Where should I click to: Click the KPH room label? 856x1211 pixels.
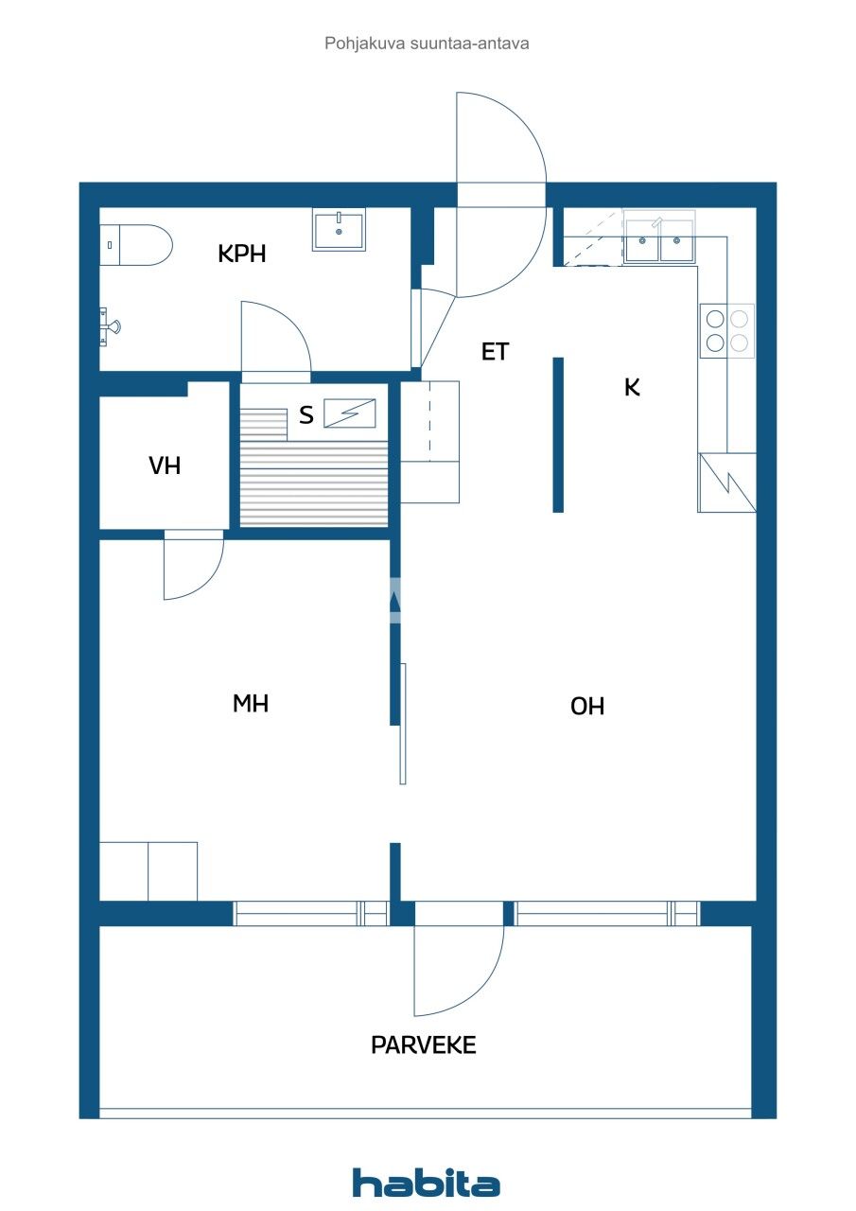pos(242,254)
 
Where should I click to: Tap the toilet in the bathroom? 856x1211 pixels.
pos(138,245)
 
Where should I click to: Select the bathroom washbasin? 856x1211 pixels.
pos(339,231)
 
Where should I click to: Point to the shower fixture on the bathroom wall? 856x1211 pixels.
pos(111,327)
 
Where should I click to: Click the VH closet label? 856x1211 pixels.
pos(165,465)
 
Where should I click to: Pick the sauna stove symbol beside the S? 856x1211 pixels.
pos(350,413)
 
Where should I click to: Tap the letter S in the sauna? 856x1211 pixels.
pos(306,415)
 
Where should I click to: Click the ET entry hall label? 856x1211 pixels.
pos(495,352)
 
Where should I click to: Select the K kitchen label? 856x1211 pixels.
pos(632,386)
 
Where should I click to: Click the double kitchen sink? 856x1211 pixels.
pos(660,241)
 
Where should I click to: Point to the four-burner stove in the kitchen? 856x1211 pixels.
pos(727,330)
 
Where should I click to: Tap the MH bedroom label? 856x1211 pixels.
pos(251,703)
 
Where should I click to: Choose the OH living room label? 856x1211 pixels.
pos(587,706)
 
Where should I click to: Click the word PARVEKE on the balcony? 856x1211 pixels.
pos(423,1045)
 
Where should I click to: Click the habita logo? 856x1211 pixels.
pos(427,1184)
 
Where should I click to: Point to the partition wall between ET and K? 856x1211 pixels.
pos(558,434)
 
